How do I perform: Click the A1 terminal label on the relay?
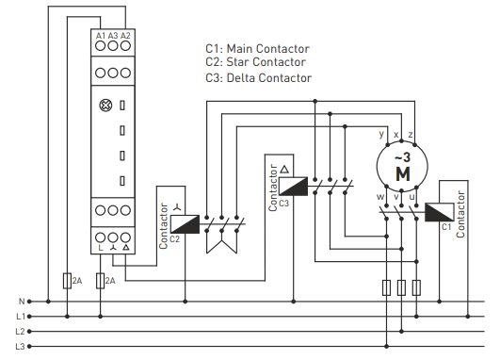click(101, 36)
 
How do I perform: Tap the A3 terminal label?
click(113, 36)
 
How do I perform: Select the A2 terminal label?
click(125, 36)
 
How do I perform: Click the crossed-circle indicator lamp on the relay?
click(105, 106)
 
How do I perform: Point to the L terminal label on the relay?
click(101, 248)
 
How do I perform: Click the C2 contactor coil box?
click(185, 224)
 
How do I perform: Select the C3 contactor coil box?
click(294, 186)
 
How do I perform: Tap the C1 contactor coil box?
click(440, 212)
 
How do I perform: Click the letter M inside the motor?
click(403, 174)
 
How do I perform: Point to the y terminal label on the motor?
click(381, 134)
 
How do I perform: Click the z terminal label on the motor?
click(411, 135)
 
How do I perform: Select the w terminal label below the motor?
click(380, 197)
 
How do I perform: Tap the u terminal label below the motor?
click(411, 197)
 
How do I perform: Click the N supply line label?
click(22, 302)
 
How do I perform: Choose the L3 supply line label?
click(20, 346)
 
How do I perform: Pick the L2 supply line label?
click(20, 332)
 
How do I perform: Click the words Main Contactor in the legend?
click(267, 49)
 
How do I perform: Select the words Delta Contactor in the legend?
click(268, 78)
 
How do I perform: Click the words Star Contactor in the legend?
click(266, 62)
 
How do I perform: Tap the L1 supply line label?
click(21, 317)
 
